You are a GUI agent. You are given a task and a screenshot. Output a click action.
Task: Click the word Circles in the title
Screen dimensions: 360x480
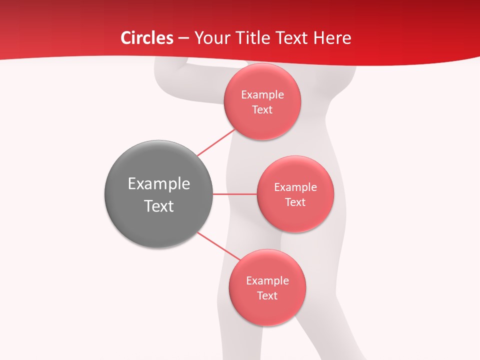pyautogui.click(x=147, y=38)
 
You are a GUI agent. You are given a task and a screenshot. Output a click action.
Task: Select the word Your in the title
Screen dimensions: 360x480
pyautogui.click(x=210, y=38)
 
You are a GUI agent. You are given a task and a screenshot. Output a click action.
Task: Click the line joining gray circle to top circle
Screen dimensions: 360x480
pyautogui.click(x=216, y=142)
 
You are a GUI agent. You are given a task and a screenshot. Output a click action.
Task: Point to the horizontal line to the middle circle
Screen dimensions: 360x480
pyautogui.click(x=234, y=193)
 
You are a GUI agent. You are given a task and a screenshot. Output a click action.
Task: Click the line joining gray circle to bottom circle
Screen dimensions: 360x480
pyautogui.click(x=219, y=246)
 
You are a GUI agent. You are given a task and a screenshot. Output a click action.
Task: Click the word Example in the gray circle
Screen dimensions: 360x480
pyautogui.click(x=159, y=184)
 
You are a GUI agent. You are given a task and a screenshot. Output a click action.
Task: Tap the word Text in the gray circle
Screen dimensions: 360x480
pyautogui.click(x=159, y=206)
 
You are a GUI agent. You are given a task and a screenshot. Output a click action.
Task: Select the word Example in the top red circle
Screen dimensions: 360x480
pyautogui.click(x=262, y=95)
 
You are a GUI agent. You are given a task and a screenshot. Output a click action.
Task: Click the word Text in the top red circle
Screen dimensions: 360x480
pyautogui.click(x=262, y=110)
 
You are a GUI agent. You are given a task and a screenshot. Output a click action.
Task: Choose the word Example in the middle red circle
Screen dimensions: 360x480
pyautogui.click(x=295, y=187)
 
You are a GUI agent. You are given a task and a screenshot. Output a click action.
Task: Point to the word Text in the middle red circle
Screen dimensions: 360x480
pyautogui.click(x=295, y=202)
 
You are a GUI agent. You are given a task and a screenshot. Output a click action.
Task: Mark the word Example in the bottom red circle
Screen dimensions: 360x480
pyautogui.click(x=267, y=281)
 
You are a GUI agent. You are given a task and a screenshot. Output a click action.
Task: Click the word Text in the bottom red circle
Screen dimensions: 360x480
pyautogui.click(x=267, y=296)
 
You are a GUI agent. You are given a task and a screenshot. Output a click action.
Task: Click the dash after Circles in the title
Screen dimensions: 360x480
pyautogui.click(x=183, y=38)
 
